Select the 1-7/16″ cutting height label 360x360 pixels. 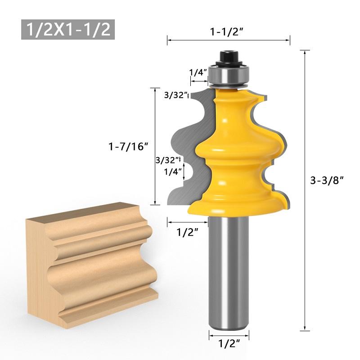pos(128,146)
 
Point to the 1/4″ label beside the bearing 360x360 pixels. pos(198,72)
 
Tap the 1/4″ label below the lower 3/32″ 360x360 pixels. pos(173,171)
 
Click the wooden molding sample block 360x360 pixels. pos(90,256)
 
